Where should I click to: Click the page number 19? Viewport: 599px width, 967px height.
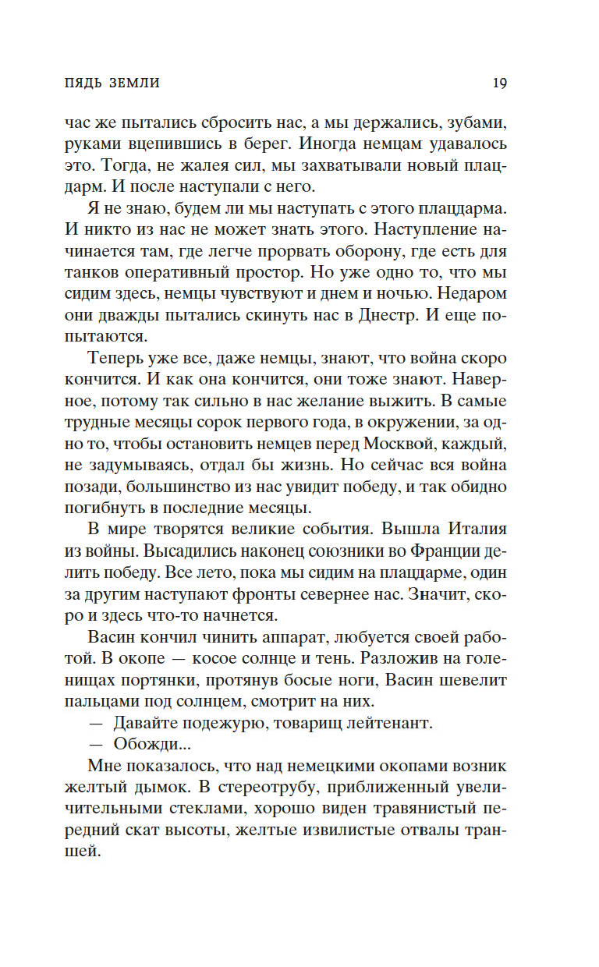(x=500, y=82)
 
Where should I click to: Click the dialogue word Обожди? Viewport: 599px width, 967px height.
(x=147, y=745)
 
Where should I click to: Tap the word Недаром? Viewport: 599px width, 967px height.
(x=474, y=296)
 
